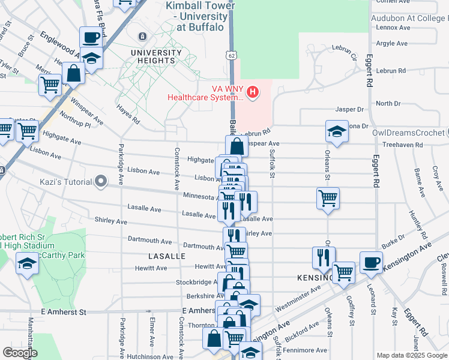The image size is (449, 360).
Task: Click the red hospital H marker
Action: coord(253,92)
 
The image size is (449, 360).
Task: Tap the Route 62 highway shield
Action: coord(232,55)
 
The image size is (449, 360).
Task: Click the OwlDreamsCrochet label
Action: coord(408,133)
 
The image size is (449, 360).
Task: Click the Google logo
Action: coord(20,353)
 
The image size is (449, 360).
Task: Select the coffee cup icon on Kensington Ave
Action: coord(371,262)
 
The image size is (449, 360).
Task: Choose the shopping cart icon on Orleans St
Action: coord(328,197)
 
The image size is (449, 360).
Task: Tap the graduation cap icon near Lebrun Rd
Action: coord(337,131)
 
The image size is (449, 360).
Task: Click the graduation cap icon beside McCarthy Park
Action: coord(26,264)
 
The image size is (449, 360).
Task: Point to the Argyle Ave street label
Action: coord(391,44)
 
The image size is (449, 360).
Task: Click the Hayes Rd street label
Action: coord(128,115)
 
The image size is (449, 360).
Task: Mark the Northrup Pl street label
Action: coord(74,121)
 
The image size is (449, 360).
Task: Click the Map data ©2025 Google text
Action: coord(411,355)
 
